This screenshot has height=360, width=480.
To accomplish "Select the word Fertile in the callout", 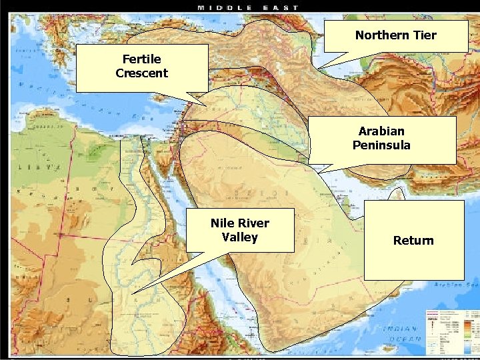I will click(141, 59).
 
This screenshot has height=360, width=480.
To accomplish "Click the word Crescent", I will click(141, 73).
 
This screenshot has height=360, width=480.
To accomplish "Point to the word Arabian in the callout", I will click(381, 131).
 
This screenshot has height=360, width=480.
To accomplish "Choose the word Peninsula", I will click(381, 145).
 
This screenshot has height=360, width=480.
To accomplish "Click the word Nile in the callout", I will click(222, 223).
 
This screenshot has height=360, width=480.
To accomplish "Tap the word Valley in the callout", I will click(239, 237).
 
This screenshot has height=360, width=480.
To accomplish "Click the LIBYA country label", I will click(40, 165).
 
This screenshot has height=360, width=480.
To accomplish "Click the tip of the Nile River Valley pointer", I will click(131, 293).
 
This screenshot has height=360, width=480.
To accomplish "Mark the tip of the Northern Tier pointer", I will click(319, 68).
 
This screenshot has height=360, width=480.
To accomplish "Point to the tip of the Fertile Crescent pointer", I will click(207, 105).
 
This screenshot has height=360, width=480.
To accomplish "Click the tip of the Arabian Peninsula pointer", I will click(319, 173).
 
